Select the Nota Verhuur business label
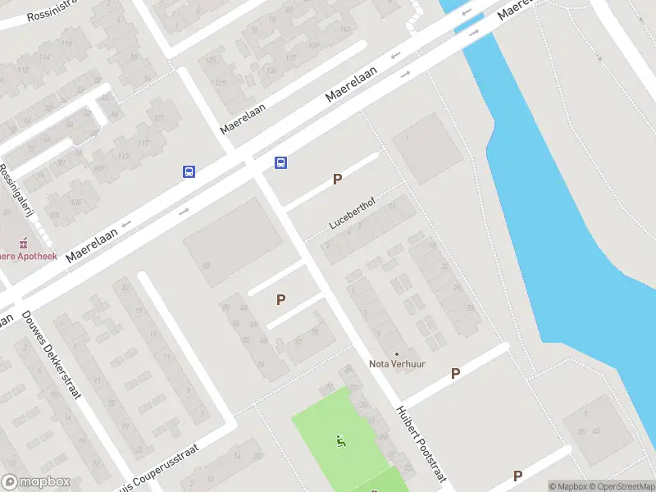click(397, 364)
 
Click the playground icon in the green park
click(341, 441)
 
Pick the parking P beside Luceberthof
click(337, 179)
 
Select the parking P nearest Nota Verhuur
click(455, 373)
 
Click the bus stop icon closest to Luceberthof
click(280, 162)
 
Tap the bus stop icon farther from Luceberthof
click(189, 171)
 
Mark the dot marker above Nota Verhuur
click(397, 354)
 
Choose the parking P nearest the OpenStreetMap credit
click(517, 476)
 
